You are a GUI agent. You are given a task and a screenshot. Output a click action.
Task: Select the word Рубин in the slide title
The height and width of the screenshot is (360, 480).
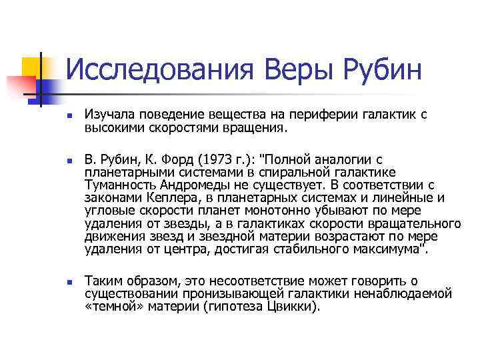383,69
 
